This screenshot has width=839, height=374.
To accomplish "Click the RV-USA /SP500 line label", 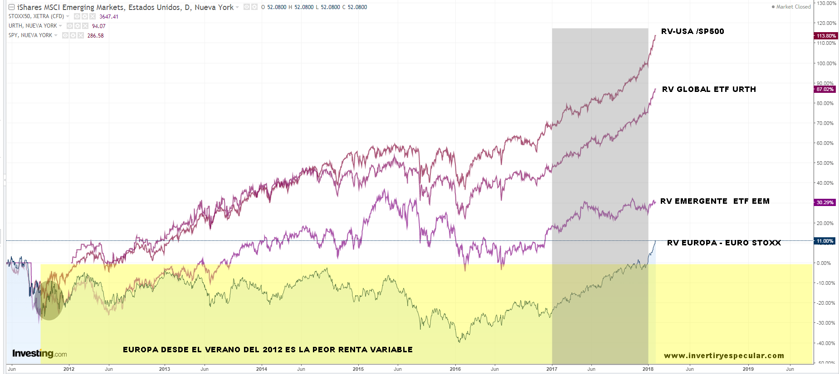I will pyautogui.click(x=692, y=31).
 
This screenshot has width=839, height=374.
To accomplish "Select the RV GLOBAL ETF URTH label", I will pyautogui.click(x=709, y=89).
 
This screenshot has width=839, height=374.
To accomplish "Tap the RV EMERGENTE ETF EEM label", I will pyautogui.click(x=715, y=201).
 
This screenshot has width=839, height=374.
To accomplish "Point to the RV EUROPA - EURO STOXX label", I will pyautogui.click(x=724, y=243).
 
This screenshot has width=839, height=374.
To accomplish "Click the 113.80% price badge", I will pyautogui.click(x=825, y=36).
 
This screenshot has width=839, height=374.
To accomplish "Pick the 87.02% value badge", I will pyautogui.click(x=825, y=89).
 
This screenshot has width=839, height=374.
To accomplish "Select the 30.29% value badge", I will pyautogui.click(x=825, y=202).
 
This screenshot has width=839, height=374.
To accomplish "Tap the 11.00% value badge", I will pyautogui.click(x=825, y=241).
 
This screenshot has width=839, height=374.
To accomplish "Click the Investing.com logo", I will pyautogui.click(x=39, y=354).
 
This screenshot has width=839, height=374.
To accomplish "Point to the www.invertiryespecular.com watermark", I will pyautogui.click(x=724, y=355).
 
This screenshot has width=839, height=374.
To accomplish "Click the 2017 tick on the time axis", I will pyautogui.click(x=552, y=369).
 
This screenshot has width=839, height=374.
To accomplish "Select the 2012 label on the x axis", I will pyautogui.click(x=69, y=369).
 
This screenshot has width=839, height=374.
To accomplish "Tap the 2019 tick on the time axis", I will pyautogui.click(x=748, y=369).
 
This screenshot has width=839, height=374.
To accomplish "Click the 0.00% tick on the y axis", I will pyautogui.click(x=824, y=263).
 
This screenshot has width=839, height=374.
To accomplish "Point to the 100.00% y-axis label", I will pyautogui.click(x=826, y=63).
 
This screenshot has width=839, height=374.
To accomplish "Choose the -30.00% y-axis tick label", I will pyautogui.click(x=825, y=323).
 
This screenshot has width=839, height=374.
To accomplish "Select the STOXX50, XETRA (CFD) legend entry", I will pyautogui.click(x=36, y=16).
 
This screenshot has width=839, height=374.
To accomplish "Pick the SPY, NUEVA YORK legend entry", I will pyautogui.click(x=30, y=35).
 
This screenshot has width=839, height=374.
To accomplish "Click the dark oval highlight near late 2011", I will pyautogui.click(x=49, y=301).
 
